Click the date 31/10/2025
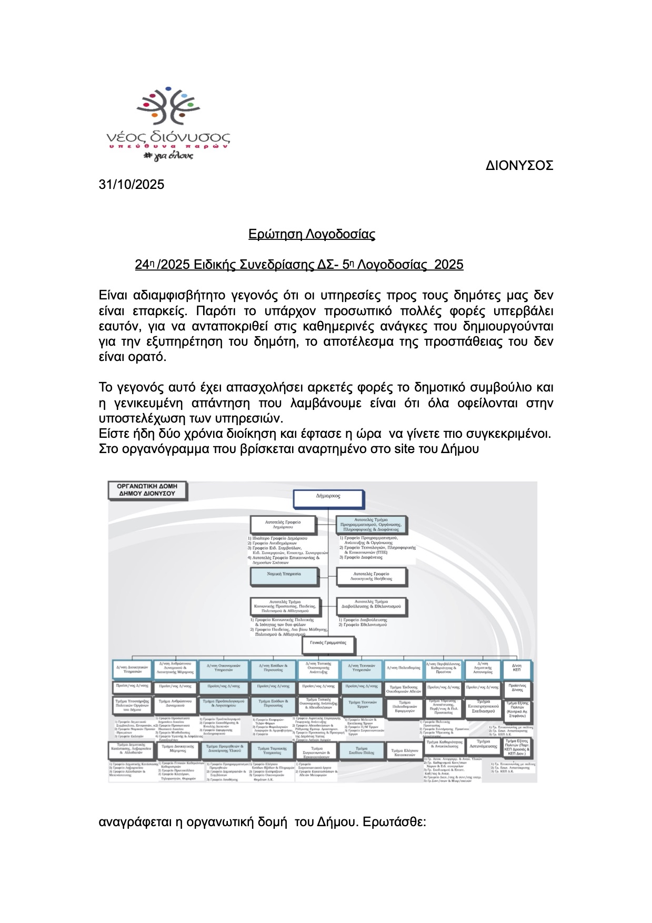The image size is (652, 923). point(132,185)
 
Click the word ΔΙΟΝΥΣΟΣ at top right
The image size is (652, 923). point(519,166)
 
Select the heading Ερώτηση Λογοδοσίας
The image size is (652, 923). point(312,234)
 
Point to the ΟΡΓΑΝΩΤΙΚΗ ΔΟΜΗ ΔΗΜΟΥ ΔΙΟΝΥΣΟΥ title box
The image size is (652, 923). point(147,490)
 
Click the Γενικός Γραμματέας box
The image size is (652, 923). point(328,644)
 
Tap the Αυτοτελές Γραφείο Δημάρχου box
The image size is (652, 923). point(283,524)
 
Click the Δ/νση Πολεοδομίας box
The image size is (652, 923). point(404,668)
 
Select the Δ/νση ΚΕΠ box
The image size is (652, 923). point(516,668)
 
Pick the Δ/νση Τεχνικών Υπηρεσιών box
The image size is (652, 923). point(362,668)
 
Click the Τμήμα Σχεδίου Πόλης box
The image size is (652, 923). point(362,750)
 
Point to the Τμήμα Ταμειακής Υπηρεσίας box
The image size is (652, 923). point(272,750)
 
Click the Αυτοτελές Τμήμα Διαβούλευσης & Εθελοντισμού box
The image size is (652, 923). point(371,605)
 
